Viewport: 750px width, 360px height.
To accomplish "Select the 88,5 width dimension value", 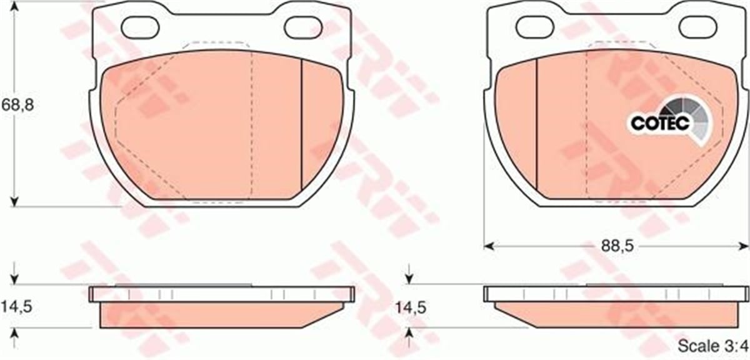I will (616, 246).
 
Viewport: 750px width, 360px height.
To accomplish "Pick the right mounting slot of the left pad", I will (304, 26).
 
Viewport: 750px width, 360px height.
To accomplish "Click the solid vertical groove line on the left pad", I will (302, 125).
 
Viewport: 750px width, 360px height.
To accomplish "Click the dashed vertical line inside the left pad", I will (251, 125).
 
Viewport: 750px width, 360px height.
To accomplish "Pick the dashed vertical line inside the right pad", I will (586, 125).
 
